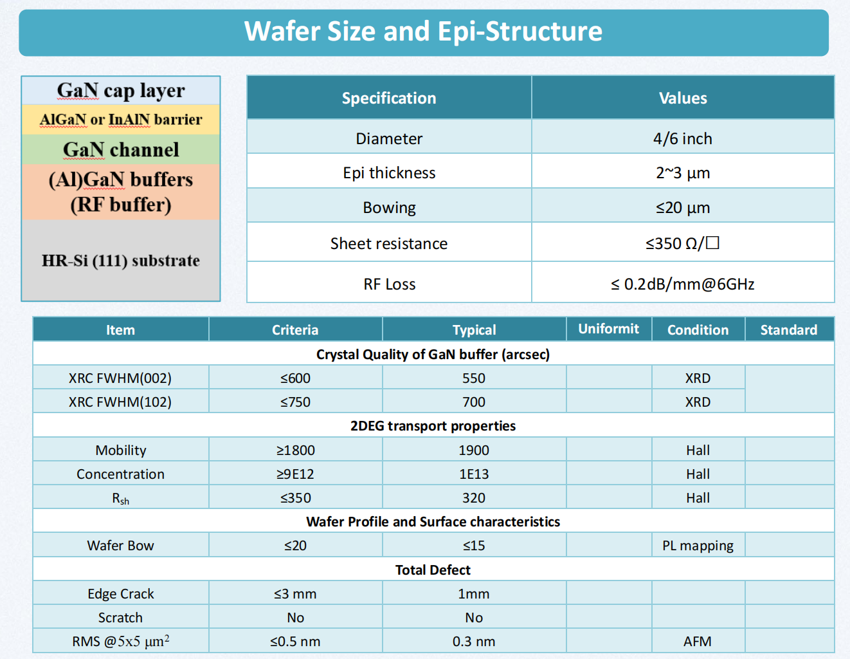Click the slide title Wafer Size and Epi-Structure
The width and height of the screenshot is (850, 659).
coord(423,32)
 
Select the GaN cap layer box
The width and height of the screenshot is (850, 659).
coord(121,90)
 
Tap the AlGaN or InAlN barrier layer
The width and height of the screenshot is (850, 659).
coord(121,119)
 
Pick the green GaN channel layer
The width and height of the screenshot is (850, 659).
coord(121,149)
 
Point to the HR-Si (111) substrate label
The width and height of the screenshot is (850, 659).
coord(121,261)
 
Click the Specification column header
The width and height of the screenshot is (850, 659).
coord(389,98)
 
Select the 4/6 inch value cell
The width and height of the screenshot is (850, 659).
coord(683,138)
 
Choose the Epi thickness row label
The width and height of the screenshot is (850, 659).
coord(389,172)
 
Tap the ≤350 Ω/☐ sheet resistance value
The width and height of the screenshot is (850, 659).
coord(683,243)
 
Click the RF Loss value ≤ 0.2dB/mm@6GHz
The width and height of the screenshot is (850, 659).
coord(683,284)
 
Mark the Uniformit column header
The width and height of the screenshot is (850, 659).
coord(609,329)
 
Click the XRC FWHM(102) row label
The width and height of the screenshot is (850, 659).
coord(120,402)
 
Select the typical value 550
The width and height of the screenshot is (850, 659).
coord(474,378)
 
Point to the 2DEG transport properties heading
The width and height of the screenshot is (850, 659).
coord(433,426)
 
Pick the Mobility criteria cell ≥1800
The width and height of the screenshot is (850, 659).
coord(295,450)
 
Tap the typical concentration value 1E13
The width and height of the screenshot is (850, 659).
coord(474,474)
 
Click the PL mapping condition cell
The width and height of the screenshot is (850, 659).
coord(698,545)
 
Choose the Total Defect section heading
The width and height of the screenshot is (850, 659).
coord(433,570)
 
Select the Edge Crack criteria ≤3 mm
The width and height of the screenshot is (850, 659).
coord(295,593)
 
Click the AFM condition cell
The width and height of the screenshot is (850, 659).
coord(698,642)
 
